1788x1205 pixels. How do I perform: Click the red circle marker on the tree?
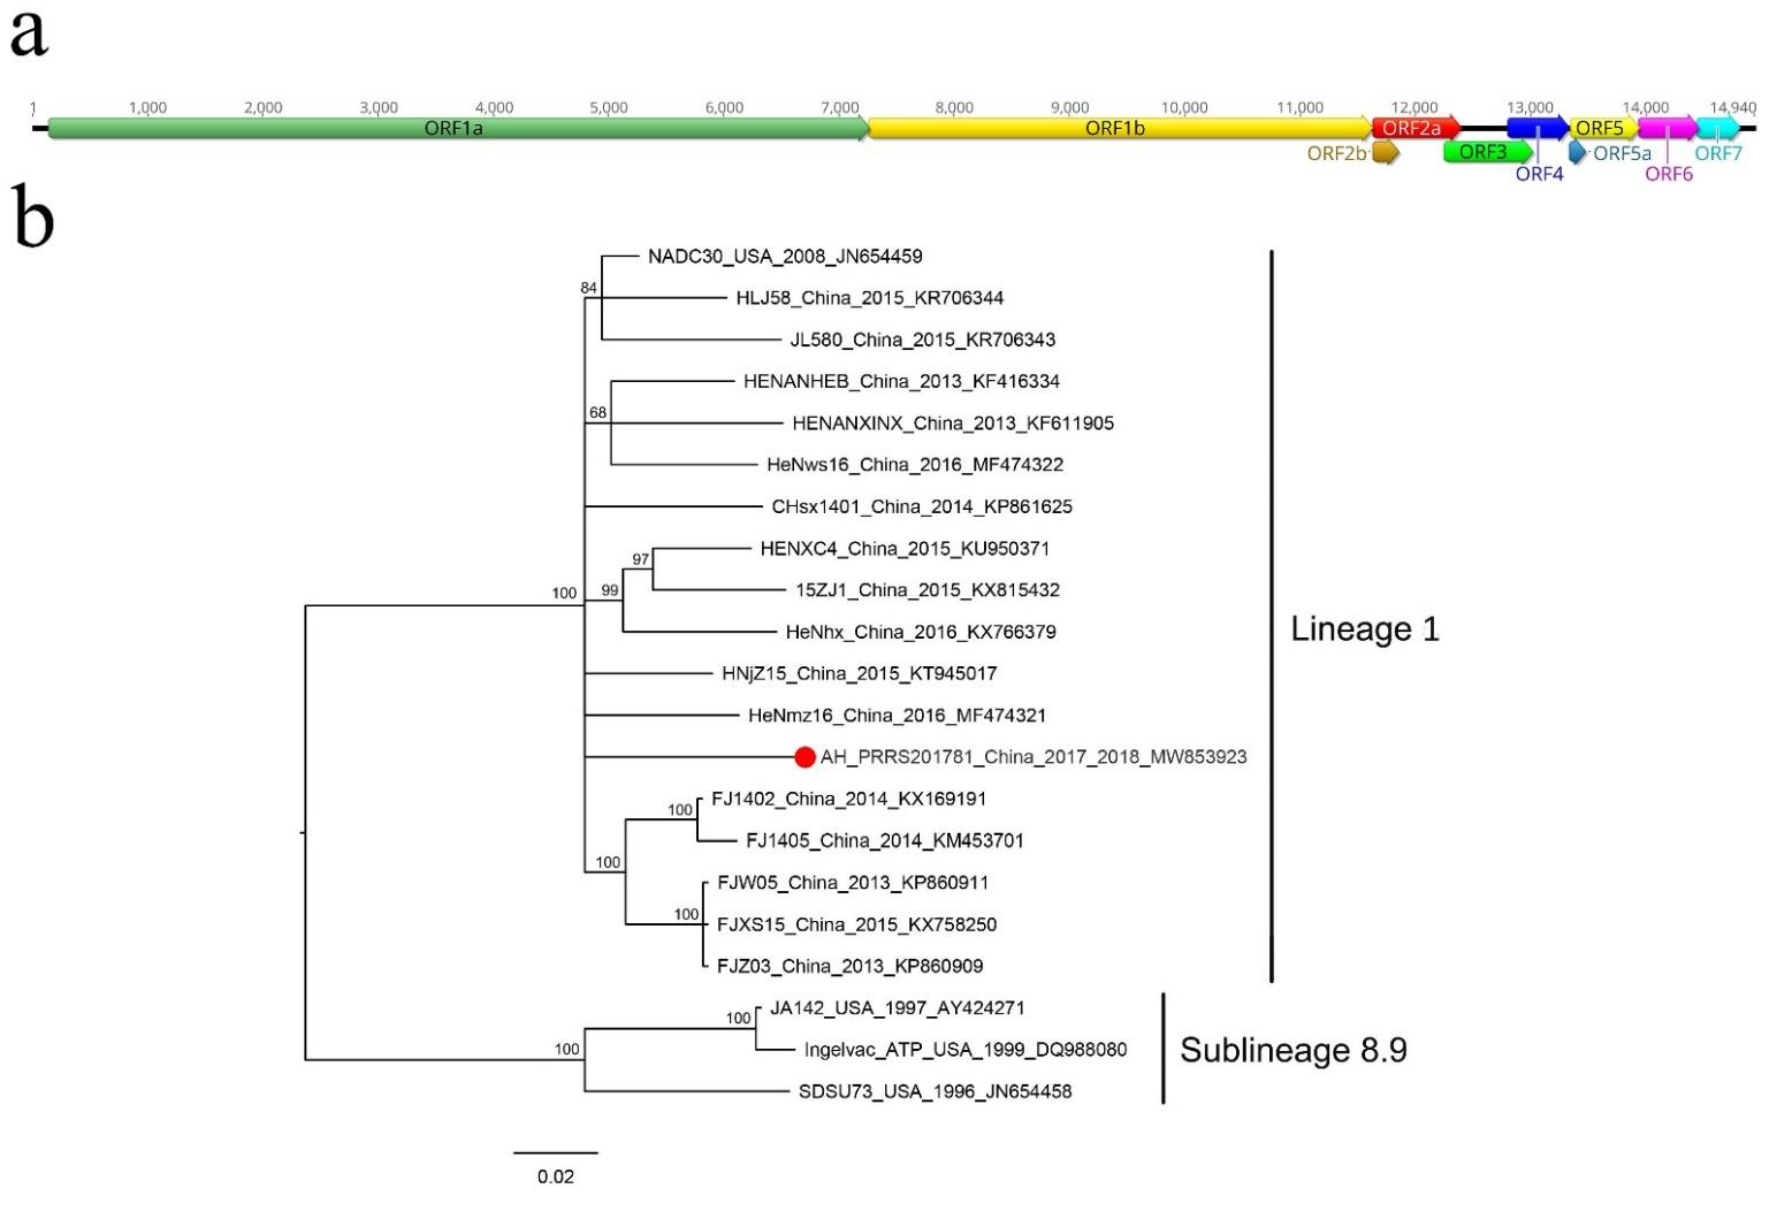point(804,757)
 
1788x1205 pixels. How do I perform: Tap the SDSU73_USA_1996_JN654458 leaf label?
point(934,1091)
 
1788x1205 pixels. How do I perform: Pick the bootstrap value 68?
point(597,413)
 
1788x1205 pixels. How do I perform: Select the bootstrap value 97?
point(640,559)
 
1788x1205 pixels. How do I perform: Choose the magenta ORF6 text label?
point(1668,175)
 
